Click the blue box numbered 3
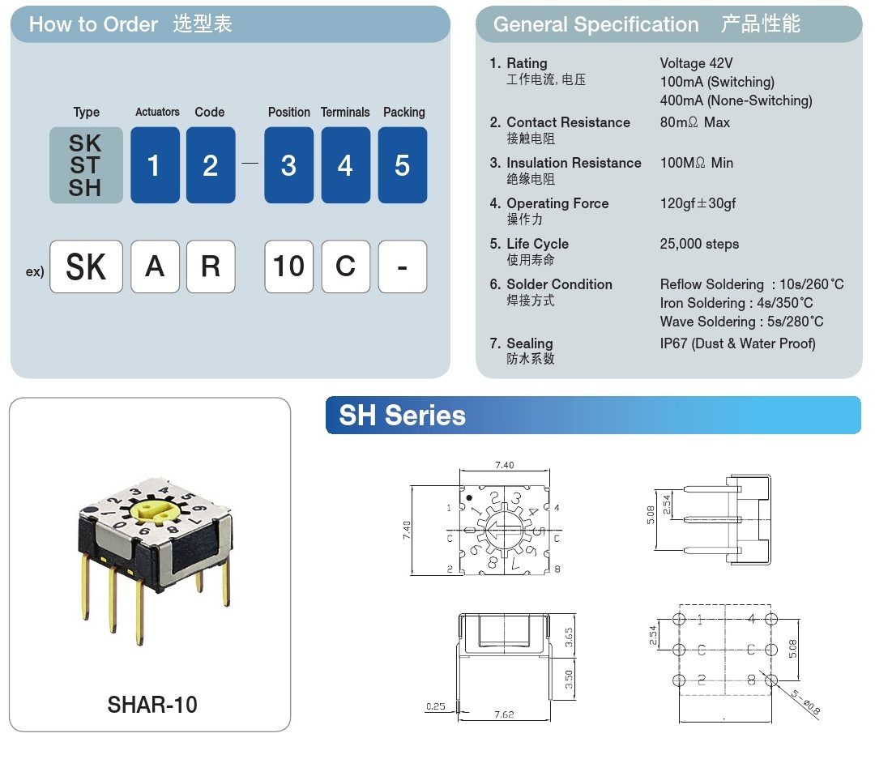(288, 165)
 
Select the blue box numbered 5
(402, 165)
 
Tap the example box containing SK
(86, 267)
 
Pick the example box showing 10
(288, 267)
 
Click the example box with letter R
(211, 267)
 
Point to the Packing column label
(403, 112)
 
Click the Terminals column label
(345, 112)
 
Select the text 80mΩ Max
(694, 122)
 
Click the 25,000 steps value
(699, 244)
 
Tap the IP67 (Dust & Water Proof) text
(737, 343)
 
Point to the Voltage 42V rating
(696, 63)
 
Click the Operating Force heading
(557, 203)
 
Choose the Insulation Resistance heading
(574, 163)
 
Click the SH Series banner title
(402, 416)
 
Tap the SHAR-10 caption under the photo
(152, 704)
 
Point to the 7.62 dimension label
(504, 715)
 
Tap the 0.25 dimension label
(435, 706)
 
